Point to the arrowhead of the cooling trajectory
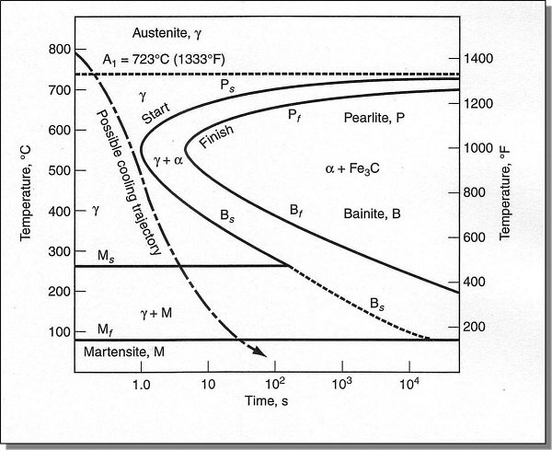(x=261, y=351)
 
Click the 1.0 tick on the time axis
(x=141, y=383)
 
